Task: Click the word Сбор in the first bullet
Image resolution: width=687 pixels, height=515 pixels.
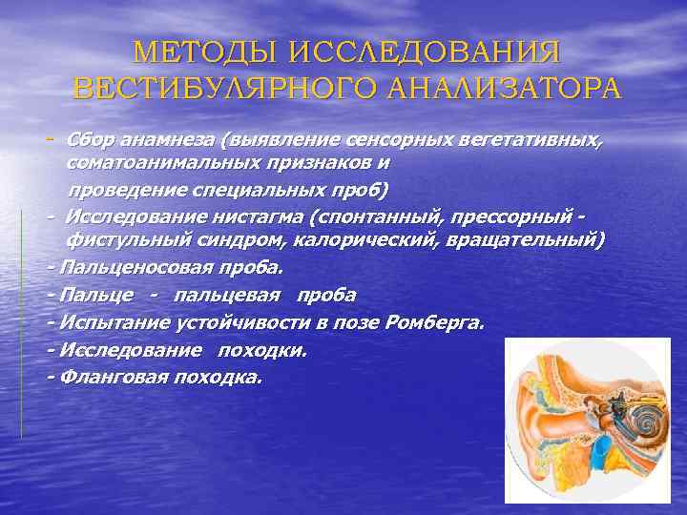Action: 92,141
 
